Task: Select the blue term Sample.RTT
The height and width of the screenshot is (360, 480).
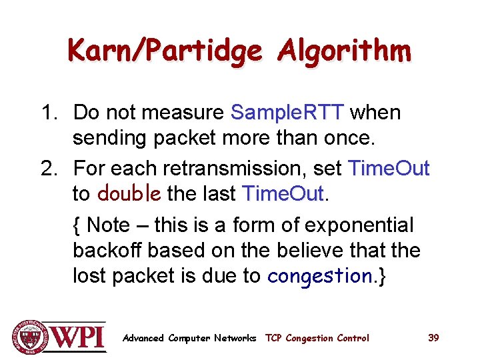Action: (287, 112)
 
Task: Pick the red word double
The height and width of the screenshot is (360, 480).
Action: (129, 194)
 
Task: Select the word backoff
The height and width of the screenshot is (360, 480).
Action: (107, 251)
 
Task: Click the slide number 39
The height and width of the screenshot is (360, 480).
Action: (433, 338)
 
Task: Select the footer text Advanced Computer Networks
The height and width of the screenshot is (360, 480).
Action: (189, 338)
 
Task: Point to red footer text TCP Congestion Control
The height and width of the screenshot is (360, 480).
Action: (317, 338)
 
